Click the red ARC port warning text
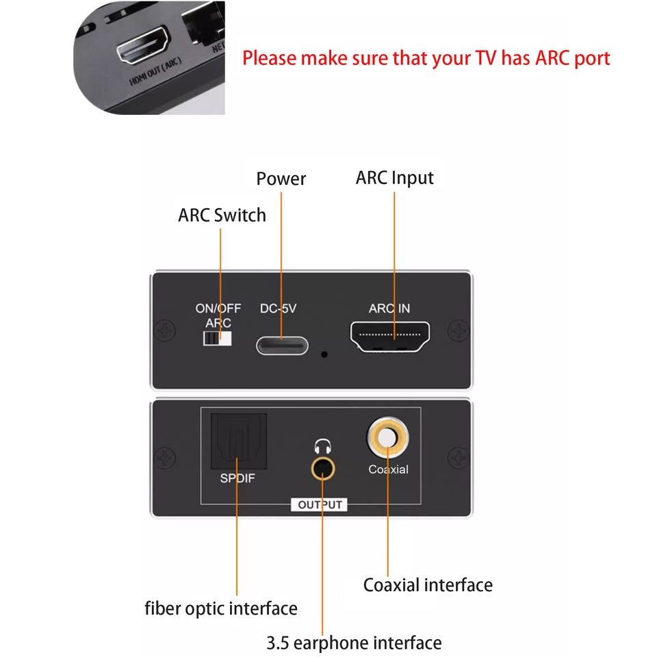[x=426, y=58]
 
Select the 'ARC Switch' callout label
[x=222, y=215]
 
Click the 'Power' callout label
[x=281, y=179]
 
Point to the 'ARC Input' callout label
[x=394, y=178]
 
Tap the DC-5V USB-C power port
[x=282, y=344]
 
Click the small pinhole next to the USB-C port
[x=324, y=355]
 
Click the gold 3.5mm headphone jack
[x=323, y=469]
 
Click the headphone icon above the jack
[x=322, y=448]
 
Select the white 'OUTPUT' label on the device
[x=320, y=505]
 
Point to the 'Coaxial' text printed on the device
[x=388, y=469]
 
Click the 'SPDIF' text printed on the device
[x=237, y=478]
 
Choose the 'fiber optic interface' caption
[x=221, y=608]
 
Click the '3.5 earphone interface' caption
[x=354, y=643]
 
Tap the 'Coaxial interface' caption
[x=427, y=585]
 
